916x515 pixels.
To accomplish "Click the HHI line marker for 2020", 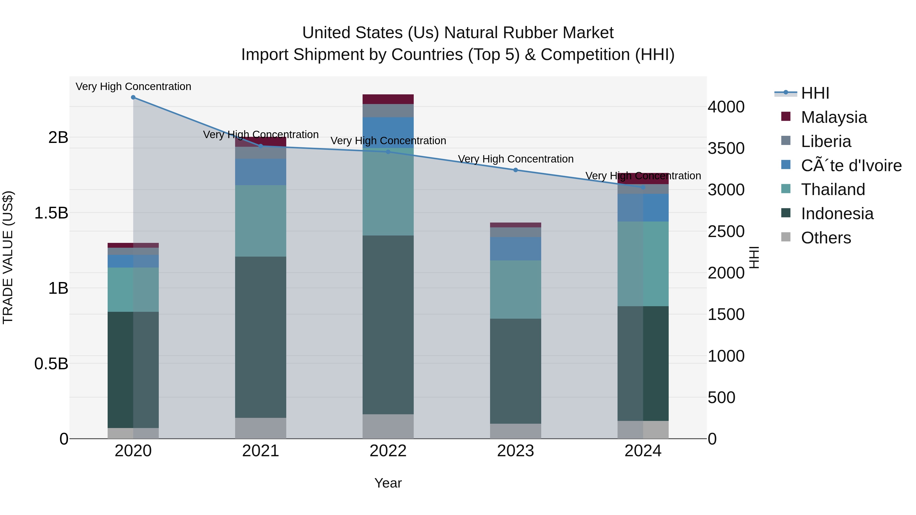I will [133, 97].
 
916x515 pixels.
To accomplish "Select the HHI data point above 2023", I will [515, 170].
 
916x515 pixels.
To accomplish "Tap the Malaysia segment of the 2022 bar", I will [388, 99].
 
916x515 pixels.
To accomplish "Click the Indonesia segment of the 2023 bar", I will [515, 371].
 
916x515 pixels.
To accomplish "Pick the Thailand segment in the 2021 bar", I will [260, 221].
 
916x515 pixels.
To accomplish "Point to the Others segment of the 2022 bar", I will [388, 426].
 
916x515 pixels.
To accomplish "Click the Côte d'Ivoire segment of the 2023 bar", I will [515, 248].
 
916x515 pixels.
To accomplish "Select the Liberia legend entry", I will [826, 141].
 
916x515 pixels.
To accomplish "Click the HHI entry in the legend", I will [815, 93].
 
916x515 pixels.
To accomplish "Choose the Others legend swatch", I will [785, 237].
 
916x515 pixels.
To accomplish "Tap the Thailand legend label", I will [833, 189].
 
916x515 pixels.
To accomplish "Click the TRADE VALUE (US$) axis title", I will [8, 257].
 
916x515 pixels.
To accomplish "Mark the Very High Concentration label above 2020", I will [133, 87].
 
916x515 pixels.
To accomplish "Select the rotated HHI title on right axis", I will [754, 257].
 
